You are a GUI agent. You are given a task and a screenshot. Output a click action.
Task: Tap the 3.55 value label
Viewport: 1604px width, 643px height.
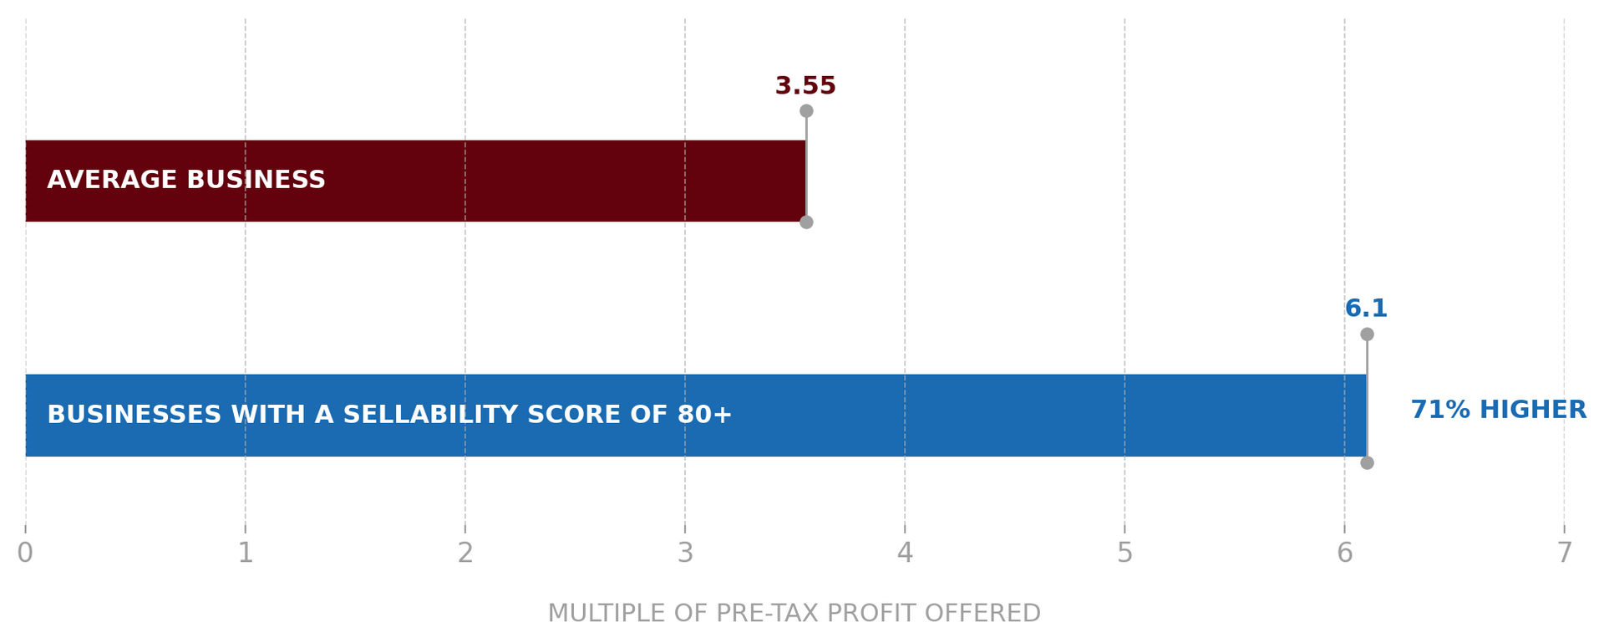[805, 86]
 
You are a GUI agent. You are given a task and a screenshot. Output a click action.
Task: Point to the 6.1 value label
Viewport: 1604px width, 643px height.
[1366, 309]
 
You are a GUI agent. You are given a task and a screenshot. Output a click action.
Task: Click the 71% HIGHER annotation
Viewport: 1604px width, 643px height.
[1498, 410]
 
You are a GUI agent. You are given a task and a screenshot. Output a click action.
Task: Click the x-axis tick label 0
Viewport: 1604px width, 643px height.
[25, 553]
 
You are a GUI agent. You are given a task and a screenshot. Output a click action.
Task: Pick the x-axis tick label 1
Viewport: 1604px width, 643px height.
[245, 553]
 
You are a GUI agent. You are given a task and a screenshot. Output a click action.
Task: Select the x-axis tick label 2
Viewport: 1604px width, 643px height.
[464, 553]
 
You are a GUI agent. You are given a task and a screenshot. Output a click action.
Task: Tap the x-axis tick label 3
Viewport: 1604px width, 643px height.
[685, 553]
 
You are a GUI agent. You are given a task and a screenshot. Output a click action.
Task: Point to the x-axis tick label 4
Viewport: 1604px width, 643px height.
[905, 553]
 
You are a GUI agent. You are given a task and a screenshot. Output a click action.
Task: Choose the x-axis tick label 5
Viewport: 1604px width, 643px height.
[1124, 553]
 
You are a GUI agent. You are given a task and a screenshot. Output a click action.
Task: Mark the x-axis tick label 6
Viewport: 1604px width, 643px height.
[1344, 553]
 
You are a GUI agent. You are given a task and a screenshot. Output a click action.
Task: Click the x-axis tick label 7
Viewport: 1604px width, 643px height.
[1564, 553]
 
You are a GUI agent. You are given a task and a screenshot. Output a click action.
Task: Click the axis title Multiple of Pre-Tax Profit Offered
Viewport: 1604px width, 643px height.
[794, 613]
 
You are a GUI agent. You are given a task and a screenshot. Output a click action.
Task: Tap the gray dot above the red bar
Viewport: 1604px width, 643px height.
[806, 111]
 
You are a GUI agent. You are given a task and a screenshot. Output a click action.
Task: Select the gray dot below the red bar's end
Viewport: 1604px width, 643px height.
[806, 222]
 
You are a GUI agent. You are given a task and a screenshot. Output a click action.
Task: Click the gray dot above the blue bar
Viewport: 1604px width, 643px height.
[1367, 334]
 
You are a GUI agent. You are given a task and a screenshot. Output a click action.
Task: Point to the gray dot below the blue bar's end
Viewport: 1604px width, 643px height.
[1367, 462]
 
